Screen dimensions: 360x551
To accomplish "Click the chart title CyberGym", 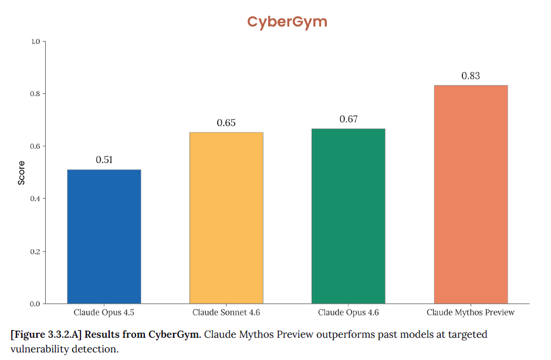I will [287, 22].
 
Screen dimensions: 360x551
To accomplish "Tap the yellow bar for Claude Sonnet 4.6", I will [226, 218].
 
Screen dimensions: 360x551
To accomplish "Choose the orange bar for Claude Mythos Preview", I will [471, 194].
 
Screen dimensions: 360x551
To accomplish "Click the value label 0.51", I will [104, 160].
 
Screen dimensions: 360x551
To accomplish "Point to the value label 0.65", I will [226, 123].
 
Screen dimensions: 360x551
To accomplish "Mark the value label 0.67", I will [349, 119].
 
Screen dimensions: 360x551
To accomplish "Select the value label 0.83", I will [471, 76].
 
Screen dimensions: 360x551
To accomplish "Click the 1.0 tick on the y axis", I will [35, 42].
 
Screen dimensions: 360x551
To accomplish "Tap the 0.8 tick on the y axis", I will [35, 94].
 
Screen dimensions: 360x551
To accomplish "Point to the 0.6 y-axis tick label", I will [35, 147].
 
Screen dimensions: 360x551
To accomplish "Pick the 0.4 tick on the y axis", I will [35, 199].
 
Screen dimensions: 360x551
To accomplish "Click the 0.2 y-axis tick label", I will [35, 252].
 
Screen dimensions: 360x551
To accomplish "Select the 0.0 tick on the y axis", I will [35, 304].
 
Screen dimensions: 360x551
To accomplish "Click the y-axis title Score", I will [22, 173].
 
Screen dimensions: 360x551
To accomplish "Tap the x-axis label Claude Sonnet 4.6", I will [226, 313].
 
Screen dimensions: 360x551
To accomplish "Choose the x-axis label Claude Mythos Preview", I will [471, 313].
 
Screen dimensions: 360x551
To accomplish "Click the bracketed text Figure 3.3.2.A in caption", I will [46, 335].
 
